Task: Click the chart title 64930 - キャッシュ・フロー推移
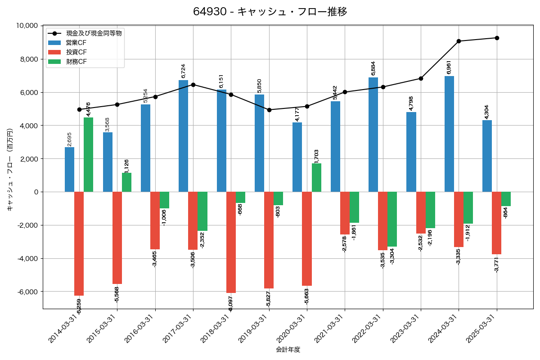pos(270,12)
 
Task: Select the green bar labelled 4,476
pos(89,155)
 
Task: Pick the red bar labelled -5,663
pos(307,238)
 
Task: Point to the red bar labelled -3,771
pos(496,223)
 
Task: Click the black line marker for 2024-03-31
pos(459,41)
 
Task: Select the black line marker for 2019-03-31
pos(269,110)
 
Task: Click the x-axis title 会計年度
pos(288,350)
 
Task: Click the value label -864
pos(506,213)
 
